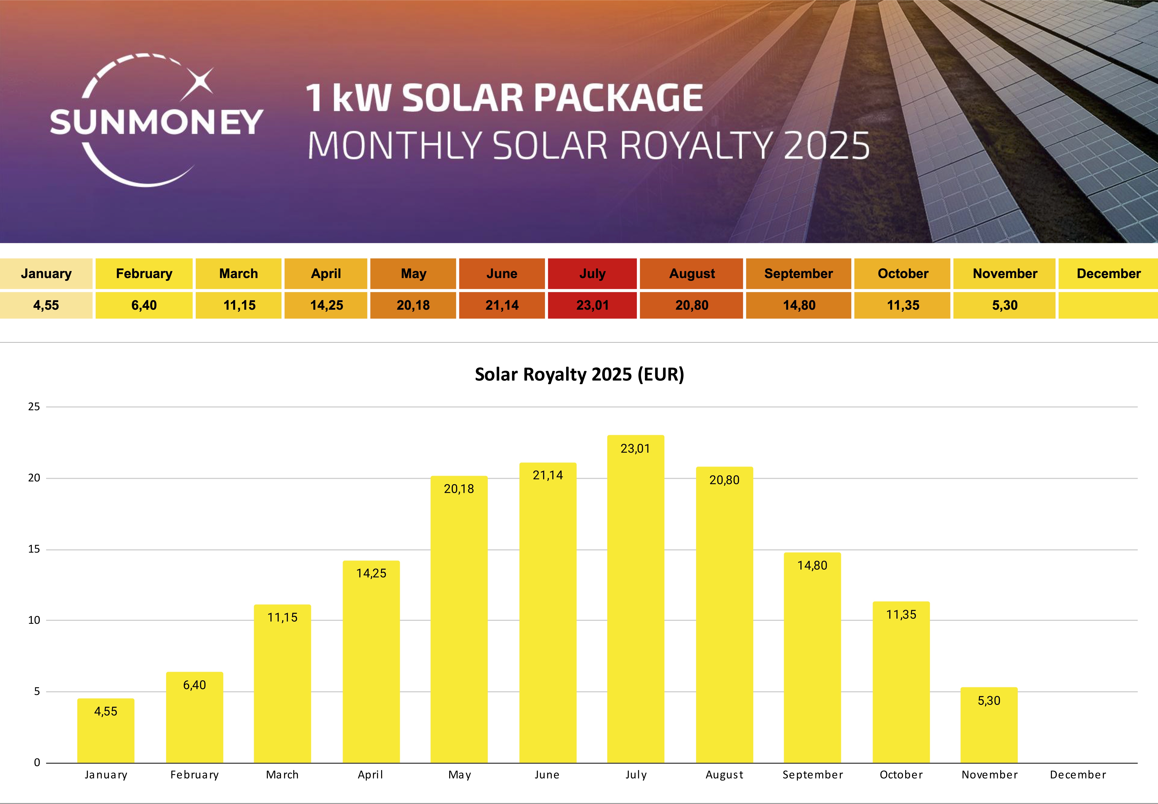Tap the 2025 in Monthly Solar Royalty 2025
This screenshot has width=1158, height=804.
826,146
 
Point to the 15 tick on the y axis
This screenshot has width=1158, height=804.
34,549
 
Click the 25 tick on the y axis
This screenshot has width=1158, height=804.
34,407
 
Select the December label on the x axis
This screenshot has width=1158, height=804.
1078,775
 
